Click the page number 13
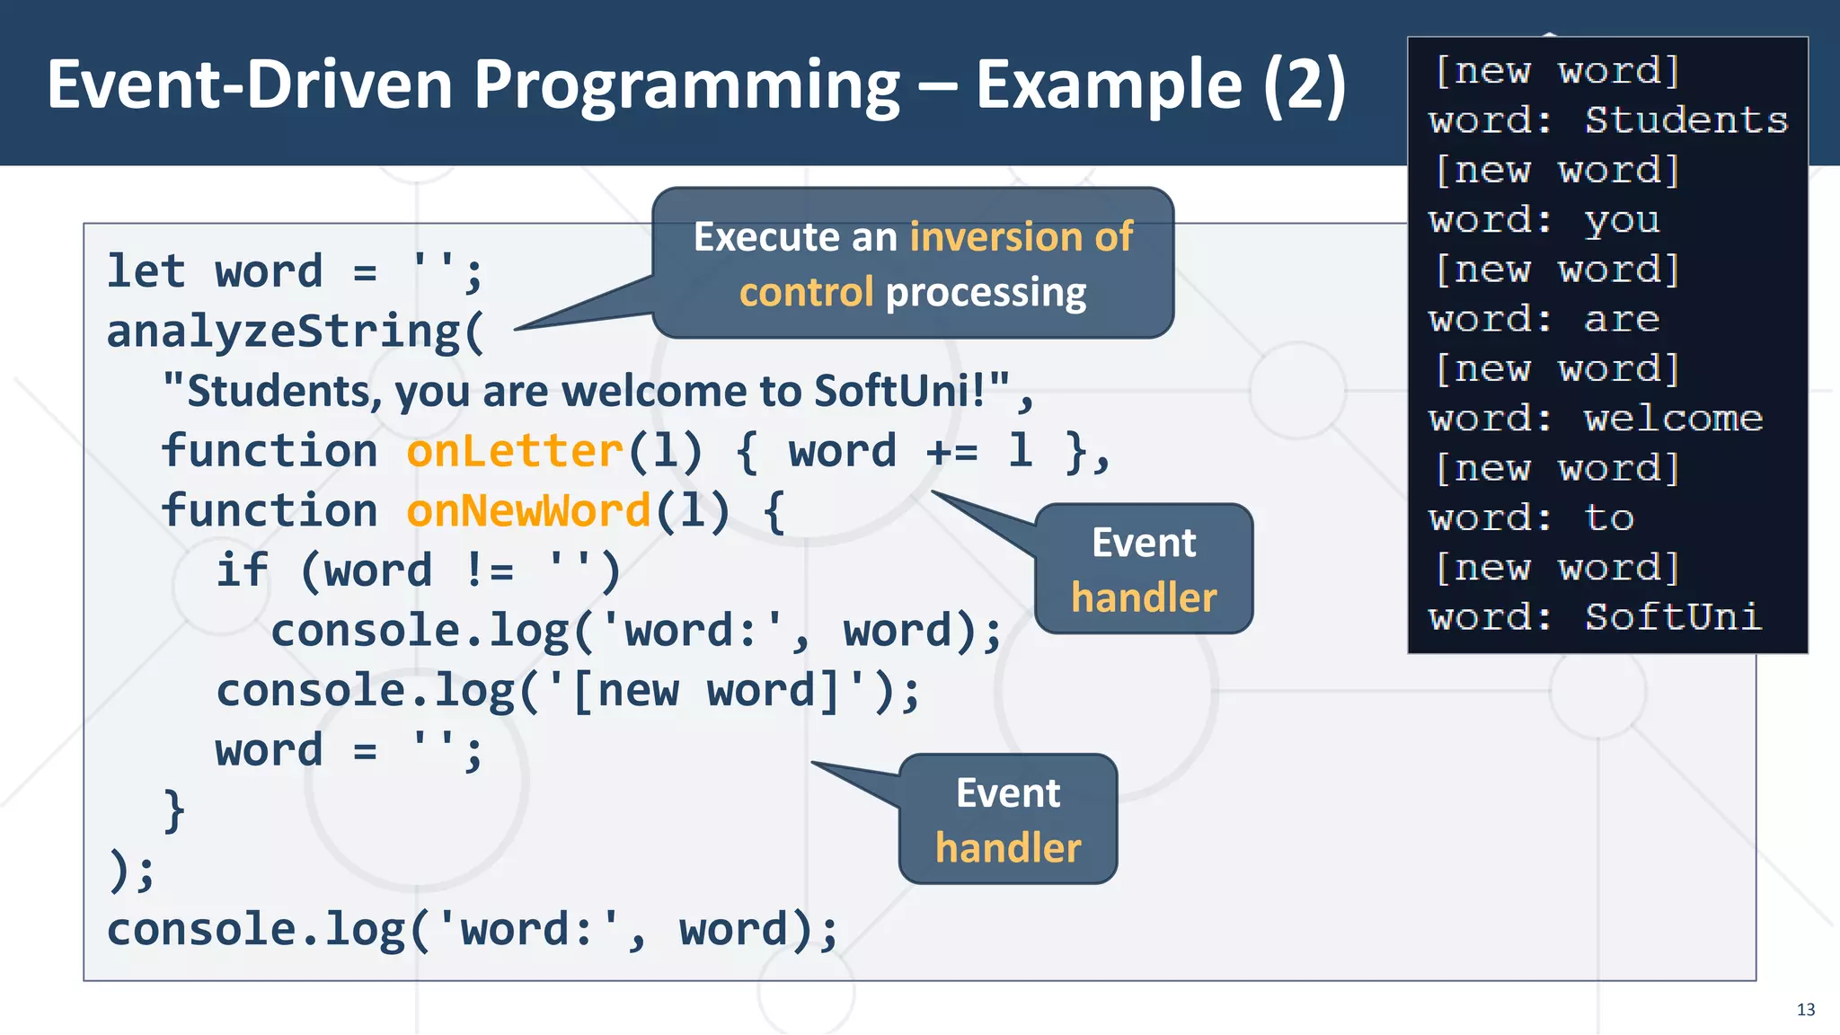coord(1805,1010)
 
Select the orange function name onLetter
coord(515,450)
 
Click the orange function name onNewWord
coord(528,510)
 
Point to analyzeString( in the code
coord(296,332)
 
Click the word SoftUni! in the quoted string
coord(899,391)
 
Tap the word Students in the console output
coord(1685,120)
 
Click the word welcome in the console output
coord(1673,419)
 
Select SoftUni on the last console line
coord(1672,617)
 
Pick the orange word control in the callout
coord(806,293)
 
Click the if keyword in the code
coord(242,570)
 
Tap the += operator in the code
coord(951,451)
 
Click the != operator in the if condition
coord(490,571)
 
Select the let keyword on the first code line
coord(146,271)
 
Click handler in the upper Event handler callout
coord(1144,597)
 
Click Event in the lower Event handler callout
coord(1007,793)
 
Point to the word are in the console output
coord(1621,320)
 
